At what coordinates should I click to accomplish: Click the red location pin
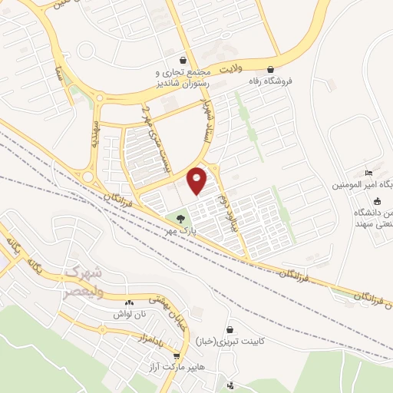pos(197,180)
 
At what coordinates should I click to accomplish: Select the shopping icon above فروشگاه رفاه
pos(271,67)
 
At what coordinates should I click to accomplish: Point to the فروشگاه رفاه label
pos(275,79)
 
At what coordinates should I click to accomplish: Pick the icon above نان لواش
pos(128,303)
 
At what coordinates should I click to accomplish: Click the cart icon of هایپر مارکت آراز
pos(178,357)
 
